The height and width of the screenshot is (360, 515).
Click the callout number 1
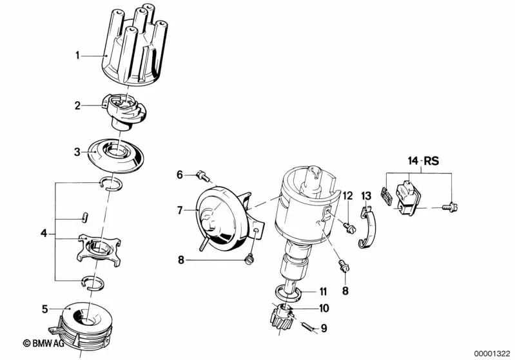77,55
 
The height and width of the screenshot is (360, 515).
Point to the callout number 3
77,152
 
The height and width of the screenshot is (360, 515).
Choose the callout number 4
43,232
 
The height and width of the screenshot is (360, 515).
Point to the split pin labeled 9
309,327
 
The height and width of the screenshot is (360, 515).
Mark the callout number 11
324,291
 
